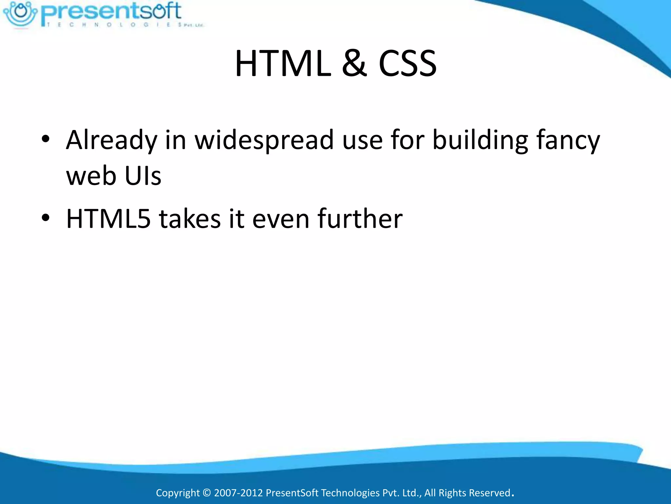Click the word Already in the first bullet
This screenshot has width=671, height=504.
point(111,140)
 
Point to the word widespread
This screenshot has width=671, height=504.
point(264,140)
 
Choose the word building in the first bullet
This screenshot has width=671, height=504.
point(480,140)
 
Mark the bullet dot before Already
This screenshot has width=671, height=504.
point(46,139)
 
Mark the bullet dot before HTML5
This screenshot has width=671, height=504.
point(46,218)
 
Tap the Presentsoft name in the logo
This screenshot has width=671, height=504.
point(111,12)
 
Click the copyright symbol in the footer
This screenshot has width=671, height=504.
point(206,493)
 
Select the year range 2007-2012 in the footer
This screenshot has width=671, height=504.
point(238,493)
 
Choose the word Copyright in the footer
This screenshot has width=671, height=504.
point(178,493)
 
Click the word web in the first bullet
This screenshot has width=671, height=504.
point(91,176)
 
